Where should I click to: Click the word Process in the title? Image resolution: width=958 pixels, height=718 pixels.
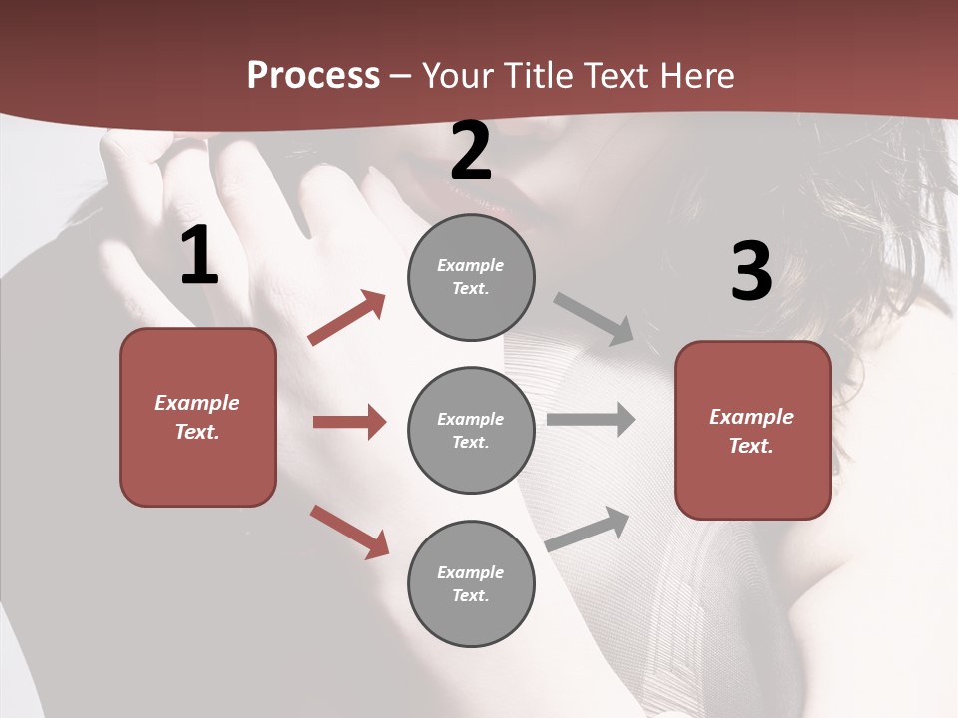(313, 76)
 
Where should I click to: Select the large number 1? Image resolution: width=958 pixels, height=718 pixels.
(199, 256)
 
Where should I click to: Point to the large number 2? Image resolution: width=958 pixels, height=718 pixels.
(471, 151)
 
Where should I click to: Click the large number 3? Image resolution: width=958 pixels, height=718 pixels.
(751, 271)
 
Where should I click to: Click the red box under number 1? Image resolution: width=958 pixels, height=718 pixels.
(198, 417)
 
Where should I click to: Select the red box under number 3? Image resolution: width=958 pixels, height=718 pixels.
(752, 431)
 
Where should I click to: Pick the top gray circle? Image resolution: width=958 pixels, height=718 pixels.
(471, 277)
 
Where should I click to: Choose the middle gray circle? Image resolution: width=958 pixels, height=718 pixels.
(471, 431)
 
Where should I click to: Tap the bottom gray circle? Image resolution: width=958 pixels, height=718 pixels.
(471, 584)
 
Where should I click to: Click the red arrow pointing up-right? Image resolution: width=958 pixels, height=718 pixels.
(347, 317)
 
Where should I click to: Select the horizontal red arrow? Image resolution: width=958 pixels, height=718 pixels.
(349, 422)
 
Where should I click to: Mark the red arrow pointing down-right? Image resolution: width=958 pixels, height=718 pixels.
(349, 532)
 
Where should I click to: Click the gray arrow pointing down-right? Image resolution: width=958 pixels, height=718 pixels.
(594, 319)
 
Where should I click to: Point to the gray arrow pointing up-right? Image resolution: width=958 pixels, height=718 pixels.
(588, 529)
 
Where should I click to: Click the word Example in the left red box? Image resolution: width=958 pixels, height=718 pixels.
(197, 403)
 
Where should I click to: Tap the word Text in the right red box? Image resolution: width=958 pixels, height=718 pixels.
(750, 446)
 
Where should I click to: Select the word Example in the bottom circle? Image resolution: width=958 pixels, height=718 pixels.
(470, 572)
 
